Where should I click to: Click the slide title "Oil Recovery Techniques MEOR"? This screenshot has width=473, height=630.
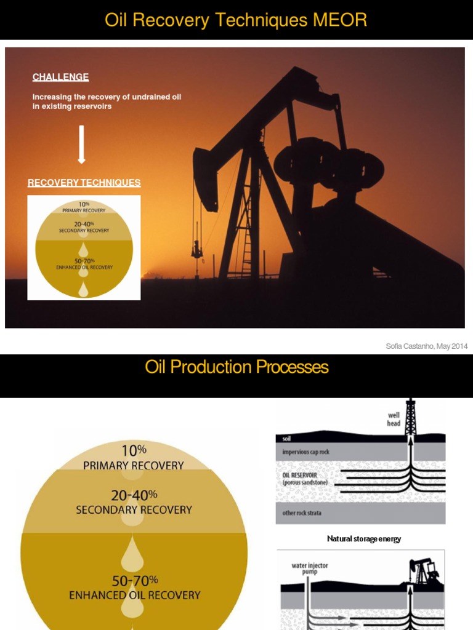(x=236, y=20)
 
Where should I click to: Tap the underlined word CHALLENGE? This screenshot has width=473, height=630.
(x=60, y=77)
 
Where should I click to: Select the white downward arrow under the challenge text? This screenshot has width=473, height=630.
(x=81, y=145)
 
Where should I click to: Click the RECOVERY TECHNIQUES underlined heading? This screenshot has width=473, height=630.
(x=84, y=183)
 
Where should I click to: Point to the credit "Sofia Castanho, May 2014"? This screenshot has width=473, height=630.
(x=426, y=346)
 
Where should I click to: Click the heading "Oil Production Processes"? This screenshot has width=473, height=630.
(x=236, y=367)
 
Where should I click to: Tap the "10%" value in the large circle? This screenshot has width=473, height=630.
(x=134, y=450)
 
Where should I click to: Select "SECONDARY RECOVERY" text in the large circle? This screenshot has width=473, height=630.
(x=134, y=510)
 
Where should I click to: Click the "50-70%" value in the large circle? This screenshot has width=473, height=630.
(x=134, y=580)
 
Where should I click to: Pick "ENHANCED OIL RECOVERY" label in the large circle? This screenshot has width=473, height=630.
(x=134, y=595)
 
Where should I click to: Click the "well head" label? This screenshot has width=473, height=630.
(x=394, y=420)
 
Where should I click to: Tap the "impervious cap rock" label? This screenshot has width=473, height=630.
(x=305, y=452)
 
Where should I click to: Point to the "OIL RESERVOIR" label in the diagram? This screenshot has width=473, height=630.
(x=300, y=476)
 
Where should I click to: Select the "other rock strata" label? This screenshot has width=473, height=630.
(x=302, y=513)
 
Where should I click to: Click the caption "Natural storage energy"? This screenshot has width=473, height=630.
(x=363, y=539)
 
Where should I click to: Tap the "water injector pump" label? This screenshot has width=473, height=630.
(x=310, y=568)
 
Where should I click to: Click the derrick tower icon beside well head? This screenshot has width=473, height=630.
(x=411, y=417)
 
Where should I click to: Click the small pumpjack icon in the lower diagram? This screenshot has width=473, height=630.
(x=424, y=572)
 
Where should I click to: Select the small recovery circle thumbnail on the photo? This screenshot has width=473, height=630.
(x=84, y=248)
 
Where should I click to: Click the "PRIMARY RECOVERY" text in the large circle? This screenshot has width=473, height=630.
(x=134, y=465)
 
